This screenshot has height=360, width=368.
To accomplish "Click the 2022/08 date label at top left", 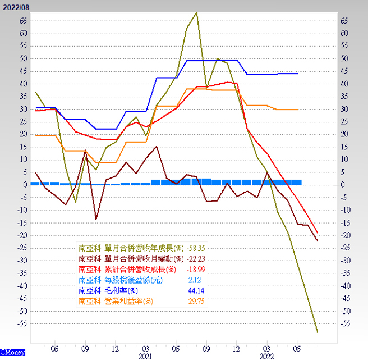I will (x=16, y=6).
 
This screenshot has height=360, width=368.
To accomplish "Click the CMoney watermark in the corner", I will (x=12, y=352).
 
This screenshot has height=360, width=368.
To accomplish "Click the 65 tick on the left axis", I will (x=23, y=21).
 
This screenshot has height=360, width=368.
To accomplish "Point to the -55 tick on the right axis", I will (x=344, y=324).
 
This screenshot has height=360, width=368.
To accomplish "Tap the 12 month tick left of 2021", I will (x=116, y=348).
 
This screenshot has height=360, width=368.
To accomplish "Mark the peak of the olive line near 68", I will (x=197, y=12).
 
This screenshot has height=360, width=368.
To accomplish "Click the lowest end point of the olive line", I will (x=318, y=332).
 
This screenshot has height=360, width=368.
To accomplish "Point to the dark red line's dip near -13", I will (x=96, y=219).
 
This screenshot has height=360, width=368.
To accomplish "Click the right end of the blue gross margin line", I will (x=297, y=74).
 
